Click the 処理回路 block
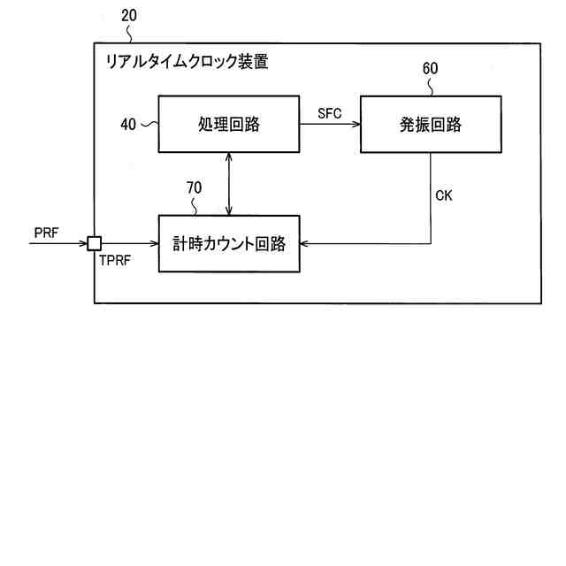tap(229, 125)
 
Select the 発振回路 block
tap(430, 125)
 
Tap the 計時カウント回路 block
tap(229, 242)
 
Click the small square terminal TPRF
tap(94, 241)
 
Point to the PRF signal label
tap(47, 231)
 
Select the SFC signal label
tap(329, 113)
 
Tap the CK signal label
tap(444, 195)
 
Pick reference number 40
tap(128, 125)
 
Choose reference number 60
tap(430, 68)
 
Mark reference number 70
tap(194, 187)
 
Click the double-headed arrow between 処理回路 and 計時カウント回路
tap(229, 184)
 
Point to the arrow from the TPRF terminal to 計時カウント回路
tap(129, 242)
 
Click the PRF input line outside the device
tap(57, 242)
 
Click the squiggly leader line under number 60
tap(431, 86)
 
